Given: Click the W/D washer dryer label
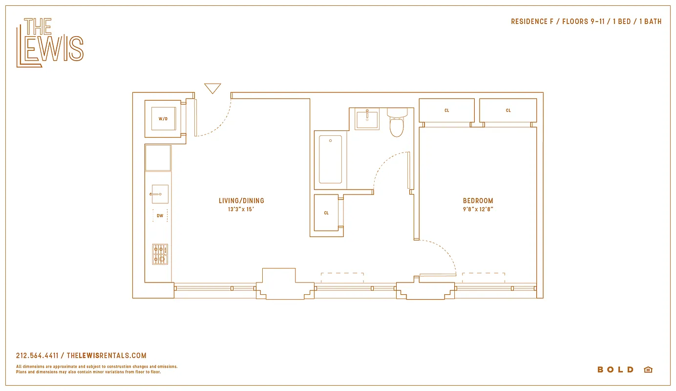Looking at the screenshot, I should [163, 119].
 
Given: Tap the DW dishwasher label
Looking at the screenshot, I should [160, 216].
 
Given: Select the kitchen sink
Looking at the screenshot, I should [160, 194].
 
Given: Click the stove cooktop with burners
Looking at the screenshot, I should [160, 254].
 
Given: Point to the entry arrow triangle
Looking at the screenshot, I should [212, 88].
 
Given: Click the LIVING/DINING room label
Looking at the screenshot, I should [241, 200].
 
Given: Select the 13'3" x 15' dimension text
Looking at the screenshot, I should [241, 209].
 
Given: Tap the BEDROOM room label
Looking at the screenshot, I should [478, 200].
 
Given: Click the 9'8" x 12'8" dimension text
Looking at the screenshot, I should [478, 209].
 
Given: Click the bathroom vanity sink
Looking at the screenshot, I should [367, 119].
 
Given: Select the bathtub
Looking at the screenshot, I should [331, 160].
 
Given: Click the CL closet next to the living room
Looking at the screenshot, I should [326, 213].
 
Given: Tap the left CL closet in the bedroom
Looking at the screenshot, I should [446, 111].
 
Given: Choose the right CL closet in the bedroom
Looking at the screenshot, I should [508, 111].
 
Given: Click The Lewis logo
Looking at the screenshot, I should [50, 43].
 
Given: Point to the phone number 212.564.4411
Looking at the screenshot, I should [37, 356].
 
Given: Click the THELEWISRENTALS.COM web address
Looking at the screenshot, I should [106, 356].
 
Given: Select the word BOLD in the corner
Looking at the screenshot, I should [615, 370].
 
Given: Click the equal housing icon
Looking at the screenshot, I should [648, 370].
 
